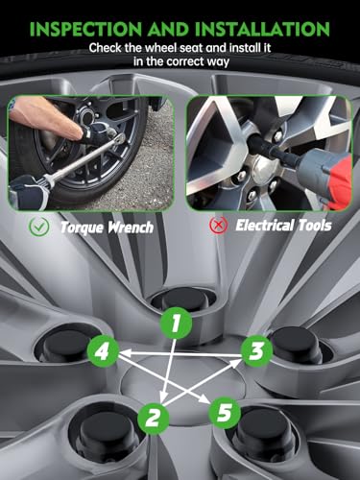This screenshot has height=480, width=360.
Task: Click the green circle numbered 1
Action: [176, 323]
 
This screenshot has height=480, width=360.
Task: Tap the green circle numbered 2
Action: [154, 418]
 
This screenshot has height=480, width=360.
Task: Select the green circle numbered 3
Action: [256, 351]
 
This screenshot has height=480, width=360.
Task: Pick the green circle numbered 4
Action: [103, 351]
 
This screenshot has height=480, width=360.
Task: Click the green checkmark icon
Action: [38, 227]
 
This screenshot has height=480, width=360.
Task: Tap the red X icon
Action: [219, 225]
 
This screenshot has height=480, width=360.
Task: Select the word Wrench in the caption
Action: [131, 228]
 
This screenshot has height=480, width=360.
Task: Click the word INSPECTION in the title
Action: [85, 29]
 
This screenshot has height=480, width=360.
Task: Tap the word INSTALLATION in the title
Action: [262, 29]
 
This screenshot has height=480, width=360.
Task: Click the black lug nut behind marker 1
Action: [183, 300]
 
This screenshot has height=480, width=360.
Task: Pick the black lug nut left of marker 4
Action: [65, 348]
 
